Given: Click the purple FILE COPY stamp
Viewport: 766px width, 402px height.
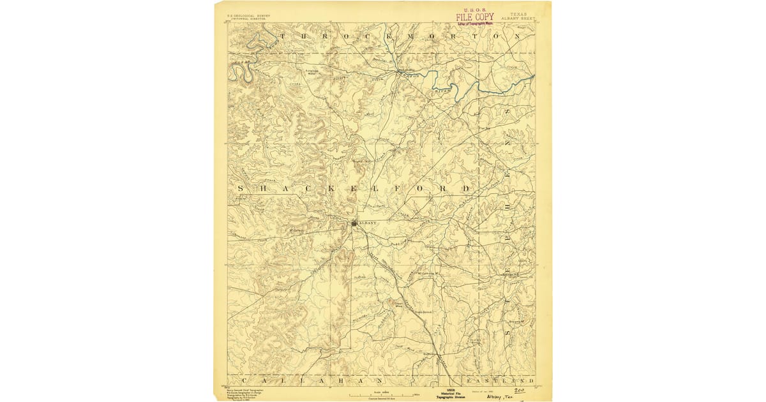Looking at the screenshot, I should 474,17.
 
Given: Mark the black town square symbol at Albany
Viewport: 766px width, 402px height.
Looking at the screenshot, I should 355,223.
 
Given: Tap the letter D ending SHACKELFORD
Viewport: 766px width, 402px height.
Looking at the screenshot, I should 467,189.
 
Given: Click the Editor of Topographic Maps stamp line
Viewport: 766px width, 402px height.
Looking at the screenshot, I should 474,24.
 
